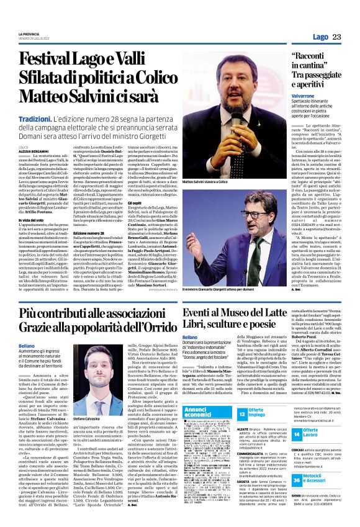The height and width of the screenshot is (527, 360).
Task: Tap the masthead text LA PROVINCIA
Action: pos(29,34)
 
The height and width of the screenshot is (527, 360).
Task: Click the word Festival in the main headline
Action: pos(49,61)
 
